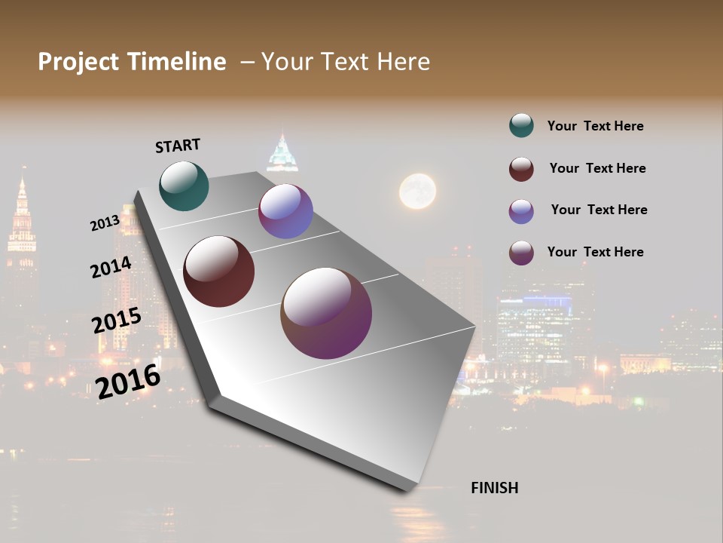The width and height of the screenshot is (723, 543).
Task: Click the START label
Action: (x=178, y=146)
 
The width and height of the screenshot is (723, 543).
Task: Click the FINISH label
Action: (x=495, y=488)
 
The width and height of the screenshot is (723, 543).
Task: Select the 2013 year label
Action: (x=105, y=223)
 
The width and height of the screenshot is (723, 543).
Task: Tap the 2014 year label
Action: (x=111, y=268)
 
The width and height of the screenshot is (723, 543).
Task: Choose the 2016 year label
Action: (x=128, y=381)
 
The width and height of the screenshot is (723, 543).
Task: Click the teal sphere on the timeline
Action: (x=184, y=186)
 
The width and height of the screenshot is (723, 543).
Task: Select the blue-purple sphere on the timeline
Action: (x=285, y=212)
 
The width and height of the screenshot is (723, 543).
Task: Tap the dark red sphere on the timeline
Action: (x=219, y=271)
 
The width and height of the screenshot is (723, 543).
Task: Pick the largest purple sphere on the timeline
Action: (x=326, y=313)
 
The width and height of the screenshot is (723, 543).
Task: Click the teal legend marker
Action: (x=521, y=126)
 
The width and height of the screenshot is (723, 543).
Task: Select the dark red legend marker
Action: (x=521, y=169)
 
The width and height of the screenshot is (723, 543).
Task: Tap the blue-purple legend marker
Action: (x=521, y=211)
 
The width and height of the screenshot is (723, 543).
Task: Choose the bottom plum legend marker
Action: (x=521, y=253)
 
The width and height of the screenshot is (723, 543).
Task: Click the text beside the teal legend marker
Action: (x=595, y=126)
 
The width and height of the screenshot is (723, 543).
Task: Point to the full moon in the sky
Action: (x=417, y=191)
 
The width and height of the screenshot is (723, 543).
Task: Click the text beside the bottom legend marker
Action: (x=595, y=252)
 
